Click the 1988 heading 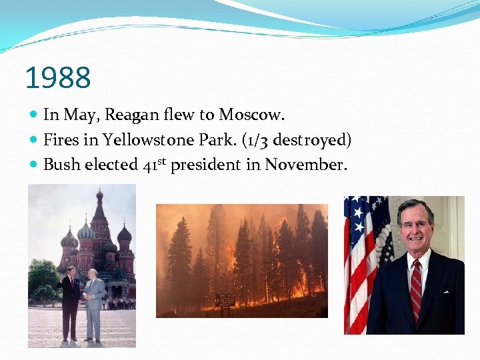pos(57,77)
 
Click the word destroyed pos(312,140)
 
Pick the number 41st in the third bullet pos(155,164)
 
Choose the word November pos(306,164)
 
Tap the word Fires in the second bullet pos(61,140)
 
